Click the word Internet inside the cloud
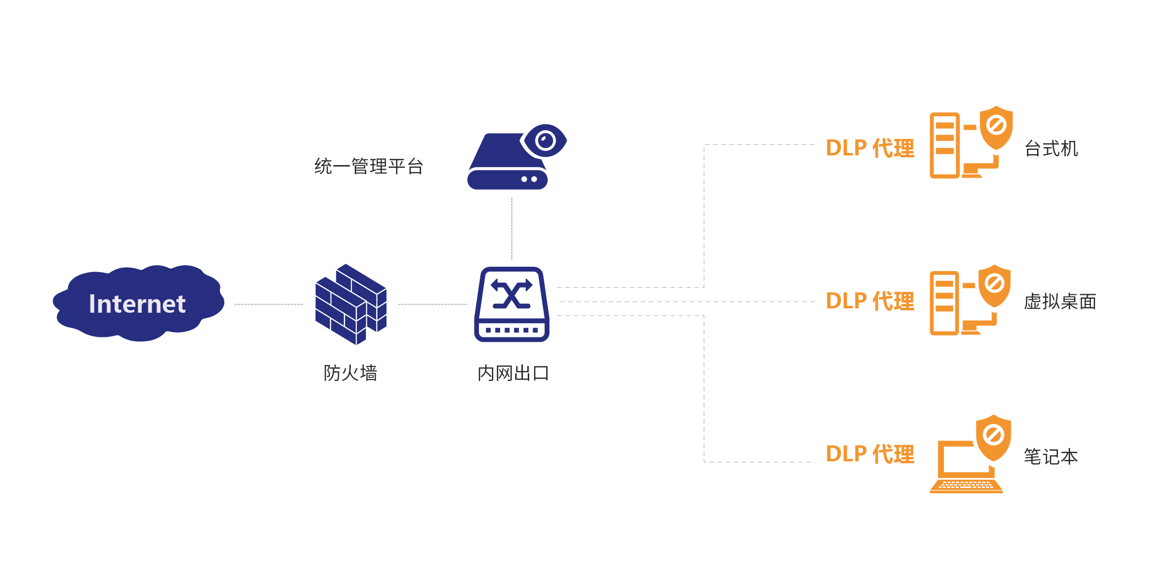pos(137,304)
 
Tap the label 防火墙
pos(350,373)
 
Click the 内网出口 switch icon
pos(512,304)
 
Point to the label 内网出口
pos(513,373)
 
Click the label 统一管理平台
pos(369,167)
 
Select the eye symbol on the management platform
pos(545,141)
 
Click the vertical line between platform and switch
pos(512,228)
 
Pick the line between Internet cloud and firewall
pos(269,304)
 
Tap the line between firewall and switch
pos(432,304)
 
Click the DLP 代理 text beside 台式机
pos(870,148)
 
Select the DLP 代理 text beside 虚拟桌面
pos(870,301)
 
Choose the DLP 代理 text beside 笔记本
pos(870,454)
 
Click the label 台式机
pos(1051,149)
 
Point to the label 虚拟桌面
pos(1060,302)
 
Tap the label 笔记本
pos(1051,456)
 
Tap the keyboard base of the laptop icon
pos(966,486)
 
